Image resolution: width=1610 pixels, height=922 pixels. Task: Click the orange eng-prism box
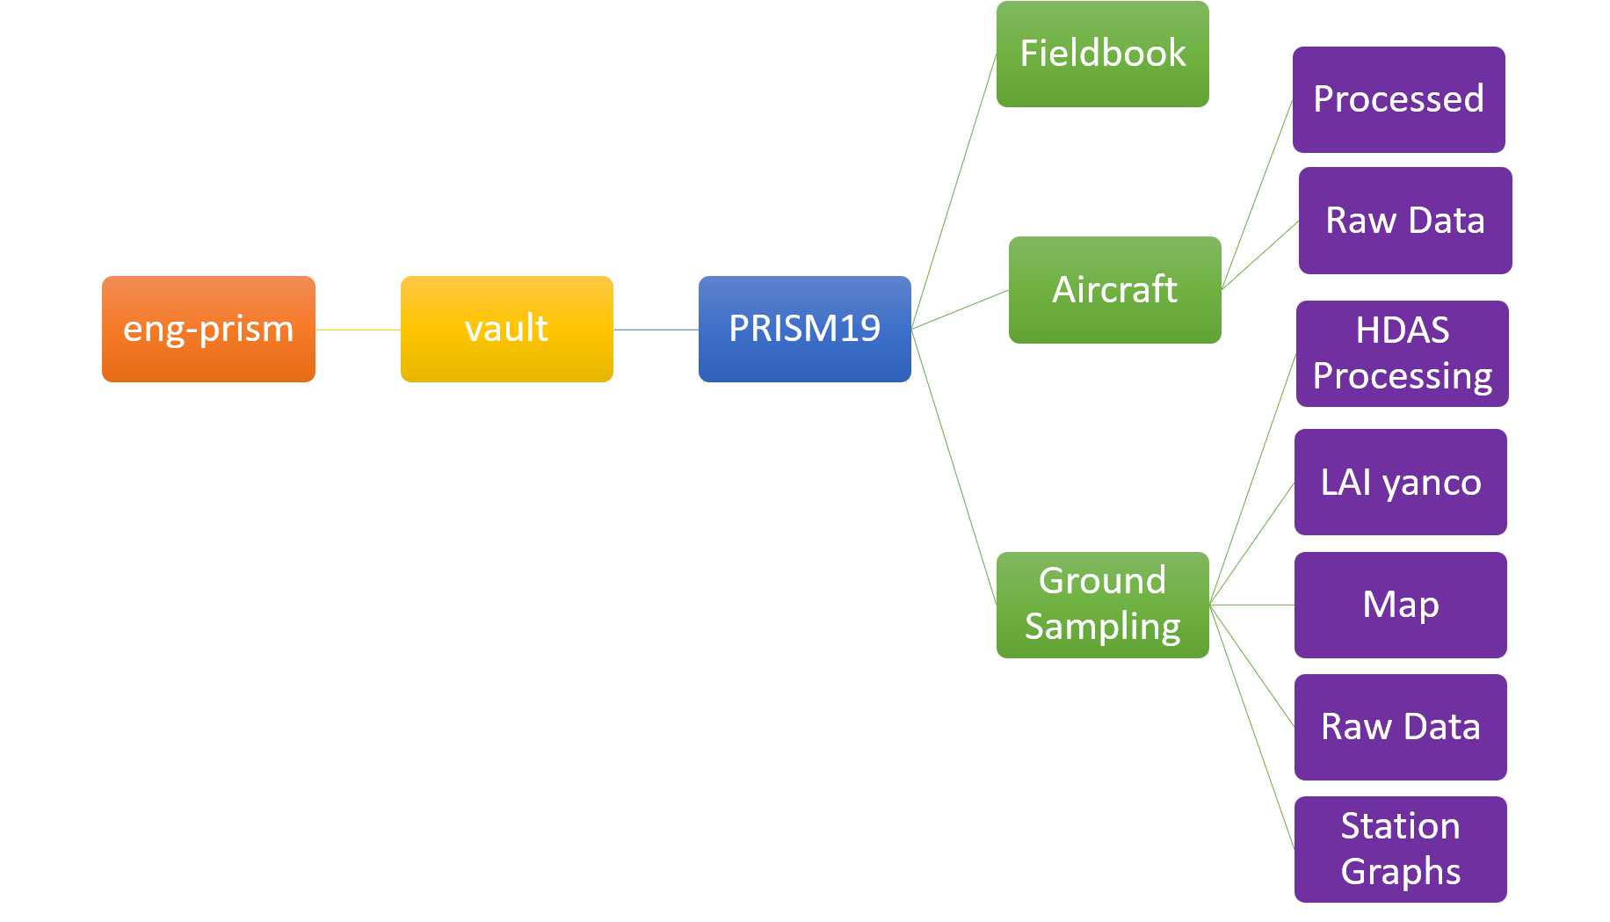pyautogui.click(x=208, y=329)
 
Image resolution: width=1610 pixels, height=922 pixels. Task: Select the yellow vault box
pyautogui.click(x=506, y=329)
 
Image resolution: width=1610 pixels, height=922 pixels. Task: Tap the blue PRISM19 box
pyautogui.click(x=804, y=329)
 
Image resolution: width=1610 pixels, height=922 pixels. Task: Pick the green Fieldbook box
pyautogui.click(x=1102, y=54)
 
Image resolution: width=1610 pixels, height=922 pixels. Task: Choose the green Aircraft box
pyautogui.click(x=1114, y=289)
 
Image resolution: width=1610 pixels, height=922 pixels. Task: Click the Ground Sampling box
pyautogui.click(x=1102, y=605)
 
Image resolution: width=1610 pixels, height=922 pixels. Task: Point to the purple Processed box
pyautogui.click(x=1398, y=99)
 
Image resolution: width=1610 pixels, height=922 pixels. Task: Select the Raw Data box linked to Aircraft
pyautogui.click(x=1404, y=221)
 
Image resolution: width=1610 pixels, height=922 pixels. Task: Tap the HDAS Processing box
pyautogui.click(x=1402, y=353)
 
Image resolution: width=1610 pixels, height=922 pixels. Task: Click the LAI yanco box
pyautogui.click(x=1400, y=482)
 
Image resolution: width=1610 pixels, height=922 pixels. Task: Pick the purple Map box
pyautogui.click(x=1400, y=605)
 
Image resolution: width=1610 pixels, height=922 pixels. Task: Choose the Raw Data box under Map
pyautogui.click(x=1400, y=727)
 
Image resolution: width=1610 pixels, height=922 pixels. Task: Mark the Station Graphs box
pyautogui.click(x=1400, y=849)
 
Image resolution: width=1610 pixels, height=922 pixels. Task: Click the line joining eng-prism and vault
pyautogui.click(x=358, y=330)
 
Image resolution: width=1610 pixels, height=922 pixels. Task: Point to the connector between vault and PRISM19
pyautogui.click(x=656, y=330)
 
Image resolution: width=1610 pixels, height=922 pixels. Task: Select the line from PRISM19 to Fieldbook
pyautogui.click(x=954, y=192)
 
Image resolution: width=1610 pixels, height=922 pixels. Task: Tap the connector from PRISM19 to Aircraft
pyautogui.click(x=960, y=309)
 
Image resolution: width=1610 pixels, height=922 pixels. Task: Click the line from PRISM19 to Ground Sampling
pyautogui.click(x=954, y=467)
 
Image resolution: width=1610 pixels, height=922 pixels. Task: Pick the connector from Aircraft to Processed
pyautogui.click(x=1257, y=194)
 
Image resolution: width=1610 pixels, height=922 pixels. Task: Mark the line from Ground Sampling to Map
pyautogui.click(x=1251, y=605)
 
